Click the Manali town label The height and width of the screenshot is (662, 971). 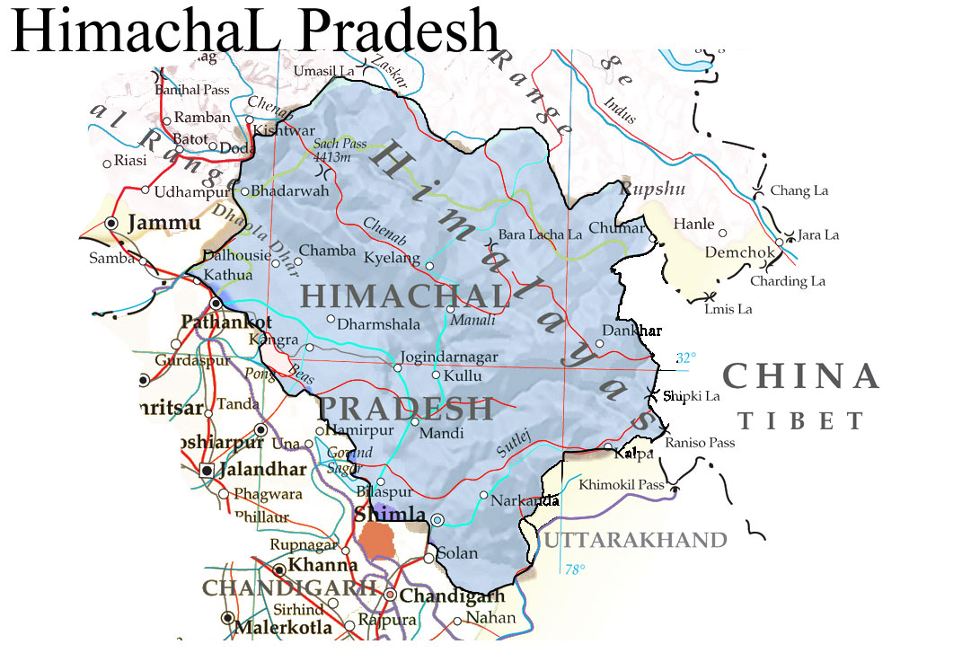[x=472, y=320]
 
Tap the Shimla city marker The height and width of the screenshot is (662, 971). [x=437, y=519]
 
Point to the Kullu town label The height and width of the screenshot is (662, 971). [x=463, y=375]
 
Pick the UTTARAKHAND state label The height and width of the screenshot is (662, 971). [x=635, y=540]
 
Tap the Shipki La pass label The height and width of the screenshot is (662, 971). [x=692, y=395]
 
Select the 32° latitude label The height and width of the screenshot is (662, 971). [x=685, y=357]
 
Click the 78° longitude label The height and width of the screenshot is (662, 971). [x=575, y=569]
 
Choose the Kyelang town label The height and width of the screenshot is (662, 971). [x=392, y=258]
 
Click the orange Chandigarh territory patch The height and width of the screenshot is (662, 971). [x=377, y=541]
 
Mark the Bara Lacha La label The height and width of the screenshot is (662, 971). [x=540, y=234]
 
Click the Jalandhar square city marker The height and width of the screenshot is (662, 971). [x=207, y=470]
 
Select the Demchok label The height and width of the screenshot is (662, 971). [x=739, y=252]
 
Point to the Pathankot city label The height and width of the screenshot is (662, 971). [x=226, y=322]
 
